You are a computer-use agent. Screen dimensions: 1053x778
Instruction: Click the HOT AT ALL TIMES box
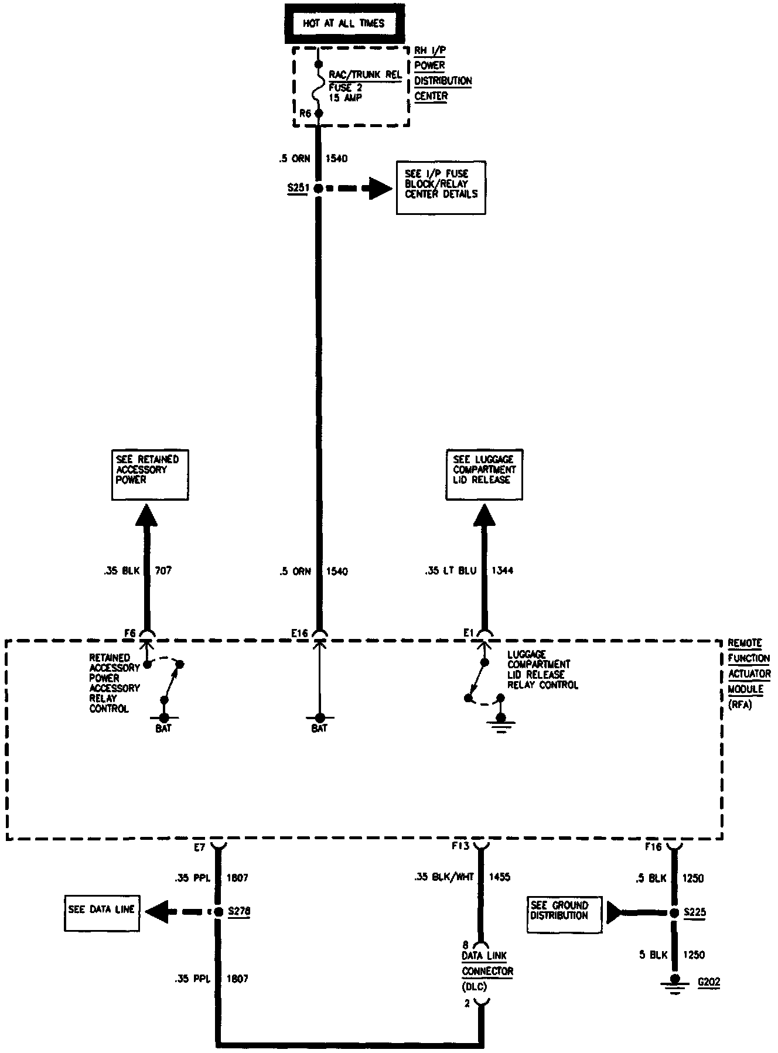(343, 24)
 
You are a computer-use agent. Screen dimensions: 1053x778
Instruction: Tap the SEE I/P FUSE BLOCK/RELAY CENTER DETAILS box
(441, 187)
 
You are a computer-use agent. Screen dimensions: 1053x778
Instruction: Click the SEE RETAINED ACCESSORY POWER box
(150, 474)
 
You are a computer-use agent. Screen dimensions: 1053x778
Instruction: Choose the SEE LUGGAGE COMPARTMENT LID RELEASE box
(484, 474)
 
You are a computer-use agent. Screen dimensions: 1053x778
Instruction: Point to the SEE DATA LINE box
(101, 910)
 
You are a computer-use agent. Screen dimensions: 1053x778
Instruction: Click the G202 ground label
(709, 982)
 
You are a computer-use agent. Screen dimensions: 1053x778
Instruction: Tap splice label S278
(238, 911)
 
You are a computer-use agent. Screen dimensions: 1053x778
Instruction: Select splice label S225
(694, 912)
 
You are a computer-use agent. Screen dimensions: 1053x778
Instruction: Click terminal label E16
(299, 633)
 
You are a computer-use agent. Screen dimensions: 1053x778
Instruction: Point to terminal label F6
(130, 633)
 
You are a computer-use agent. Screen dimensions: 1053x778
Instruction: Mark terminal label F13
(460, 846)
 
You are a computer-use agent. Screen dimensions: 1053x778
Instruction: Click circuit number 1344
(502, 570)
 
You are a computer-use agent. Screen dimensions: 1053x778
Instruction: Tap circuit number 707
(163, 570)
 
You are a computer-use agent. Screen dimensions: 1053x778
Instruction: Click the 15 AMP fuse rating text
(345, 98)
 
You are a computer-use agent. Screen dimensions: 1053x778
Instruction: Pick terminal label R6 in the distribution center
(305, 114)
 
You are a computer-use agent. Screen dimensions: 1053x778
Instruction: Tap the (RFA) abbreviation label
(740, 705)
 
